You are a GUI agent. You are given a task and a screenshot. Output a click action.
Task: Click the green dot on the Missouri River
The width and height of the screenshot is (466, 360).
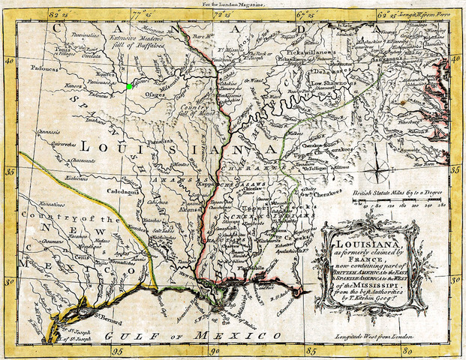pyautogui.click(x=130, y=86)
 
